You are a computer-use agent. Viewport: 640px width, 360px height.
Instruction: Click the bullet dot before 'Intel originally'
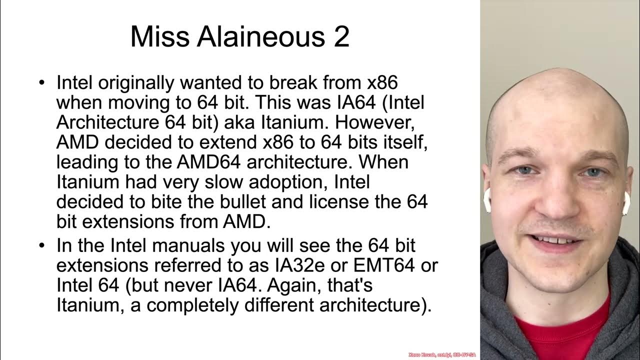click(42, 82)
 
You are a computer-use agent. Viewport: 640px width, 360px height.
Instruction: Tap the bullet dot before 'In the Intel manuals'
click(42, 246)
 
